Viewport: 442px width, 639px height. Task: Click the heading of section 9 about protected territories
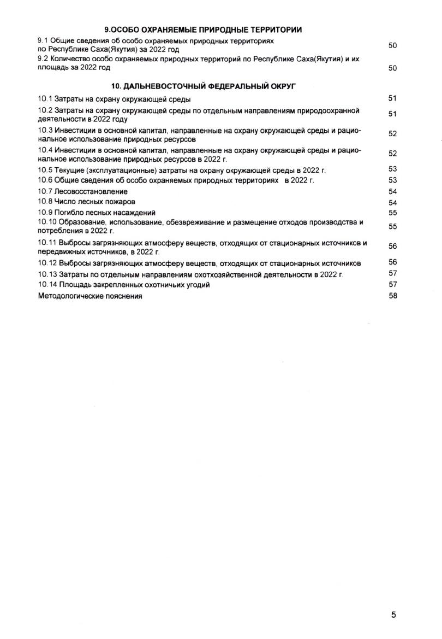203,30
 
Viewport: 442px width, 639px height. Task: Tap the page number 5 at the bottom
393,614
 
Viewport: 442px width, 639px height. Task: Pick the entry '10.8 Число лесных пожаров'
87,202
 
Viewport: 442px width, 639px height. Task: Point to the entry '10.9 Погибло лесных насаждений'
97,213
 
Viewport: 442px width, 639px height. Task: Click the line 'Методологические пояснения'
90,296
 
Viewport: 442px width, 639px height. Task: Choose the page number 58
392,296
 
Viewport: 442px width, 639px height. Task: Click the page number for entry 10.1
392,98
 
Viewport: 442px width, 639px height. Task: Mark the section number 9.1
43,41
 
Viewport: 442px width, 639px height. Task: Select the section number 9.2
43,57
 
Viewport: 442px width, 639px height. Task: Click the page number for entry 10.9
392,213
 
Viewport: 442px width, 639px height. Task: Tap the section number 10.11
47,243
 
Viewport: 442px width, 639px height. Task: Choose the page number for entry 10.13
392,273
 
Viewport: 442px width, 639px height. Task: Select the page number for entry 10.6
392,180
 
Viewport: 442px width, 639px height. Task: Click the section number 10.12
47,263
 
